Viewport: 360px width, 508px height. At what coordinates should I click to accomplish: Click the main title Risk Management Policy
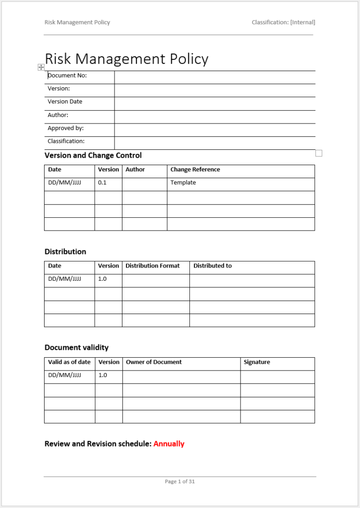point(126,59)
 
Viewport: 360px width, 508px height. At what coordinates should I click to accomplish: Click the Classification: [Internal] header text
point(283,22)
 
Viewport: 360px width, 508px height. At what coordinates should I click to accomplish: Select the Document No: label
point(67,75)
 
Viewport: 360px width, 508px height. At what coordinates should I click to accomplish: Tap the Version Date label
point(65,102)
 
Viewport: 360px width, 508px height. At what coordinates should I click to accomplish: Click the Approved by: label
point(65,128)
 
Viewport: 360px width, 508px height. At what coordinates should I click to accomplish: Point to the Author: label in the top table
point(58,115)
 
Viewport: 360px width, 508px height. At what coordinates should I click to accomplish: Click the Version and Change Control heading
point(93,155)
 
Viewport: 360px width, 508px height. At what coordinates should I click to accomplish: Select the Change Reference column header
point(195,170)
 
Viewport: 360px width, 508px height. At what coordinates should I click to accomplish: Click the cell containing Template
point(183,183)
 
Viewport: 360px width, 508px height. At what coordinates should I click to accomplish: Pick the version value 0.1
point(102,183)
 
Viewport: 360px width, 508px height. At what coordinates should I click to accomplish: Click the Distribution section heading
point(65,252)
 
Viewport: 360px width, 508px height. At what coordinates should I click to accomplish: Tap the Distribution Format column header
point(152,266)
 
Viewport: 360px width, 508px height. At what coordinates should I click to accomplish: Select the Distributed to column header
point(212,266)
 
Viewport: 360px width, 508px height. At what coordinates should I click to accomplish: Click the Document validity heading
point(76,347)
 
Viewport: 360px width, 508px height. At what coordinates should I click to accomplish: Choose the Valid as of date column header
point(69,362)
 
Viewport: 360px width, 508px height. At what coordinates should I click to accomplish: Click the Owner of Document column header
point(154,362)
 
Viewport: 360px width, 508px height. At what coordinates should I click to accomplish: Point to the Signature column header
point(257,362)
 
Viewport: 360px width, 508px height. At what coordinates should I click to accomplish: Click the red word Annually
point(169,444)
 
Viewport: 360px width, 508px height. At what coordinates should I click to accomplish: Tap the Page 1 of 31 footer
point(180,481)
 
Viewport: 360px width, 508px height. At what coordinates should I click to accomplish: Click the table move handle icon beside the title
point(41,67)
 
